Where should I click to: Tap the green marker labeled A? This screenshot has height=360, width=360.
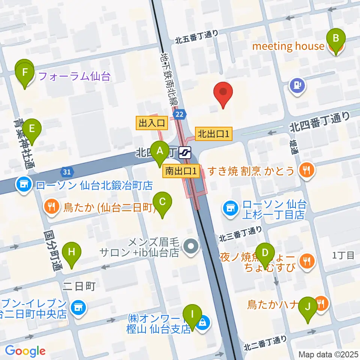pos(160,152)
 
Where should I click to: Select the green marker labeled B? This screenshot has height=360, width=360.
pos(336,39)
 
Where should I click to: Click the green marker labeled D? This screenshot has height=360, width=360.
pos(265,253)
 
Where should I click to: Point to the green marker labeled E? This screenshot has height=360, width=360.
pos(32,130)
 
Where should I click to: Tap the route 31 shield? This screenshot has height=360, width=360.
pos(66,172)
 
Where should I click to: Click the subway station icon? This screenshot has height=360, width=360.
pos(185,152)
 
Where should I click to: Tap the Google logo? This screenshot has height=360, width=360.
pos(25,351)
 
